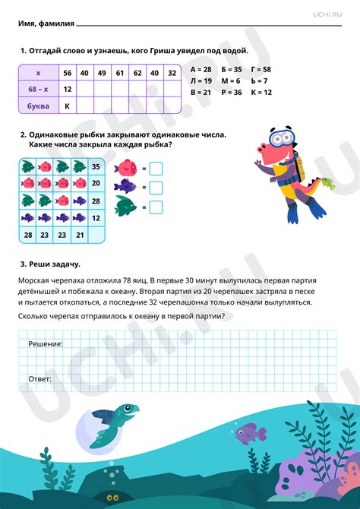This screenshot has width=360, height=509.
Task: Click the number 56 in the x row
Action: pos(68,74)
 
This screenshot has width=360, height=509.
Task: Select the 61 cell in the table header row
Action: pos(120,74)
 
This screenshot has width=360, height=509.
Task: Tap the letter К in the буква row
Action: pos(68,107)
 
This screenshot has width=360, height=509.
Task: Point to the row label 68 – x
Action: pos(38,90)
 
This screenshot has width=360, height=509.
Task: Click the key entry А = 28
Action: pos(201,69)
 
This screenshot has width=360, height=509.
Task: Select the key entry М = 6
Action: pos(231,81)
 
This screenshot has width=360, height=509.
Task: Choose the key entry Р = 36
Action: pos(232,92)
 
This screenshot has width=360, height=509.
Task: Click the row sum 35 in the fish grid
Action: pos(96,166)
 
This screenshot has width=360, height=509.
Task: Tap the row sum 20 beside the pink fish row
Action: pos(96,183)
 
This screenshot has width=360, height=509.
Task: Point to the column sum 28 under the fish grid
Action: pos(28,235)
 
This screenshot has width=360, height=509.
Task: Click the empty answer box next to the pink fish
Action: pos(156,168)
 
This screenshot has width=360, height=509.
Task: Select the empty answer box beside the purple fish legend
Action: pos(156,186)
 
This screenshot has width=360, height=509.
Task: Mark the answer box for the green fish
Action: pos(156,206)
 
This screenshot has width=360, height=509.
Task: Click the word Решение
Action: pos(46,344)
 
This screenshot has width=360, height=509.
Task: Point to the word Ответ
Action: pos(39,378)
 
